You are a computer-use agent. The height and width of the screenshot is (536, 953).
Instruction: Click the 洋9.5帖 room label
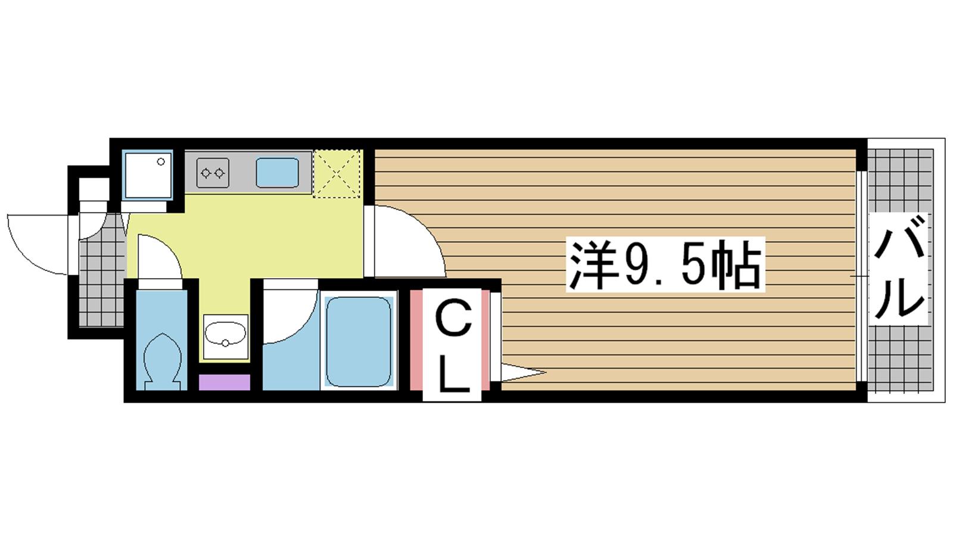(665, 264)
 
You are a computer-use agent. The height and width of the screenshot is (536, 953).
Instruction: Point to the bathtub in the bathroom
(358, 342)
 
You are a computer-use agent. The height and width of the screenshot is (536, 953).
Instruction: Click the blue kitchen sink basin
(277, 173)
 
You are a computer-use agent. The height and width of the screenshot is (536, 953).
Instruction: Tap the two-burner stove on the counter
(213, 173)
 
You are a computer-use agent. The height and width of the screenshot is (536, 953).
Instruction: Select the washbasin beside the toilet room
(226, 336)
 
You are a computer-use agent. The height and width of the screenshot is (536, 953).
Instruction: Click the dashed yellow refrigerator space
(337, 173)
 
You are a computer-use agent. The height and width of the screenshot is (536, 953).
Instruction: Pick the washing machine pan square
(148, 175)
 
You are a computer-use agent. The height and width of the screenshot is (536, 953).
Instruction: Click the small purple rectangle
(224, 382)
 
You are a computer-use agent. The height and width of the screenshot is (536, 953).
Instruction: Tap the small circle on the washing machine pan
(161, 161)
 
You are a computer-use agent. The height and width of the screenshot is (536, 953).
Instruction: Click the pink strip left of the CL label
(416, 339)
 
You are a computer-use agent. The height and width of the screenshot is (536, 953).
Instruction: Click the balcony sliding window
(861, 276)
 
